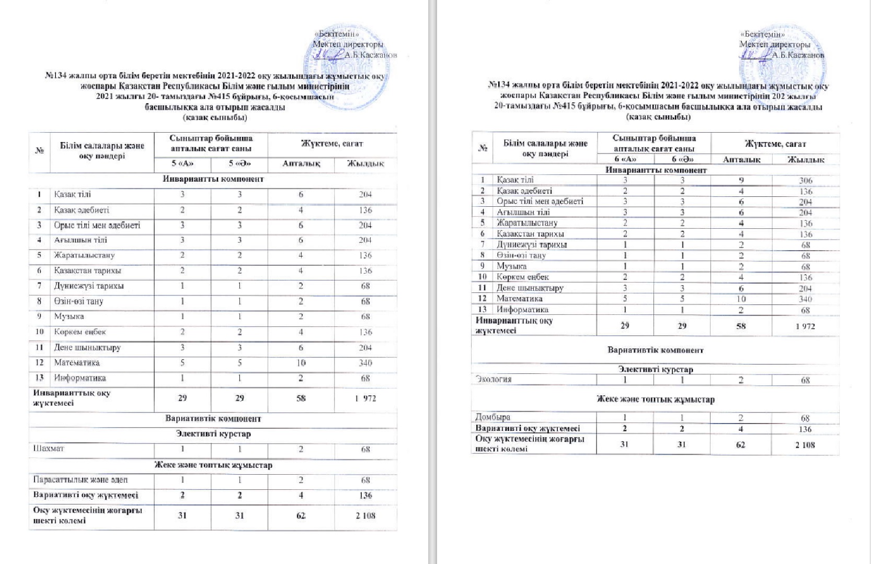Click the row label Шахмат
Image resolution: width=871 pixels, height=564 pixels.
(x=49, y=449)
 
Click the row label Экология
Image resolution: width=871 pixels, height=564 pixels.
(x=493, y=379)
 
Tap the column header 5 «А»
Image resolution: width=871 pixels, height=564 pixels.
(x=182, y=163)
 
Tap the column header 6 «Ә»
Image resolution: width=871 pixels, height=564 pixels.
(x=682, y=159)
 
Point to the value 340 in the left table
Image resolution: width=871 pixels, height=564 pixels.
(x=365, y=362)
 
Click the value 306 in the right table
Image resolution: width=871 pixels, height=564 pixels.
(x=806, y=180)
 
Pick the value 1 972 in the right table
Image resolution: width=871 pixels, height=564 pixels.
(x=805, y=326)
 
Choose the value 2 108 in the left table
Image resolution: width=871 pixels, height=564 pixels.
(x=365, y=515)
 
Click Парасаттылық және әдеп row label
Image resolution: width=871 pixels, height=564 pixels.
(x=80, y=479)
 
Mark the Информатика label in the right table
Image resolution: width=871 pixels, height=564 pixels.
(x=522, y=309)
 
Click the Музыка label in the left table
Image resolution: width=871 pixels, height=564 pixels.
(x=69, y=316)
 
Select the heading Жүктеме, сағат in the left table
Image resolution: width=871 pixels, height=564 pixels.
(x=331, y=143)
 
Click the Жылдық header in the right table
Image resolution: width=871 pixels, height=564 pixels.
(x=806, y=159)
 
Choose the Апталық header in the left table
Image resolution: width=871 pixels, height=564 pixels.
(x=301, y=163)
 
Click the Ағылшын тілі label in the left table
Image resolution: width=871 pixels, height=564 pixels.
(x=81, y=240)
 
